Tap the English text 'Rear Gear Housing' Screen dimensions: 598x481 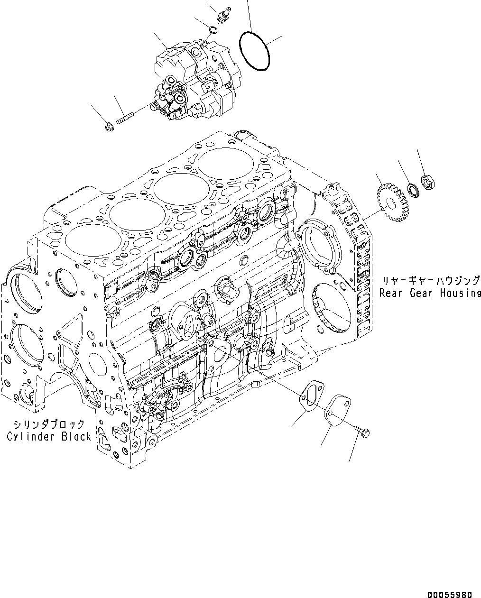430,293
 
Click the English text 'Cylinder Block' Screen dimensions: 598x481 49,436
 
